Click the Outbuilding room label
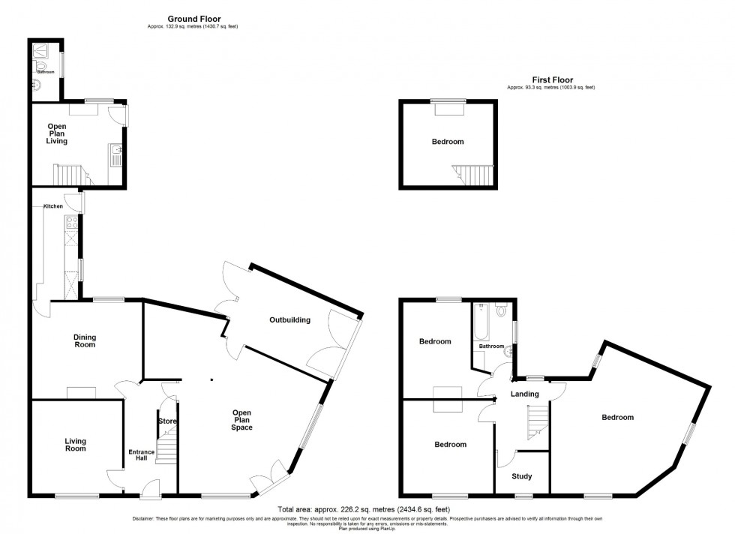pos(289,320)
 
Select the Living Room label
pos(74,445)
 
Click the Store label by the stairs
pos(166,421)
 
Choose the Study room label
pos(521,475)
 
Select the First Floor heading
pos(552,79)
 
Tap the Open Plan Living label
pos(57,133)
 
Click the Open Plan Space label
pos(241,420)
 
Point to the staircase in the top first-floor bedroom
pos(474,175)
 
